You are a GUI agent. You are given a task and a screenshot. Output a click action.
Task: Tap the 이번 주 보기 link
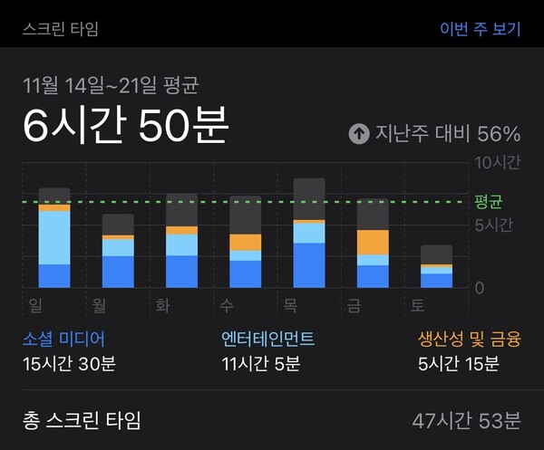pos(480,28)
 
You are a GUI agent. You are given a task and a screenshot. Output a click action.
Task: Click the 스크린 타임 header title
pos(62,28)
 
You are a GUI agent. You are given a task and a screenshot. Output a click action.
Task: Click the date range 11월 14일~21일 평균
pos(111,86)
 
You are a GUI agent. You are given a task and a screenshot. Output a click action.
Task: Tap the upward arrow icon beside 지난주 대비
pos(360,134)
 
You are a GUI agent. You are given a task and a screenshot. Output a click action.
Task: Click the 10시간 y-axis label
pos(498,163)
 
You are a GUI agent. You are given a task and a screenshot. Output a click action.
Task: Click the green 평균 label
pos(489,201)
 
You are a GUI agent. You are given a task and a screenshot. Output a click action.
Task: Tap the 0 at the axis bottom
pos(480,288)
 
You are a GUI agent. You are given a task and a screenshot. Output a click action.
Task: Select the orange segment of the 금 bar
pos(373,242)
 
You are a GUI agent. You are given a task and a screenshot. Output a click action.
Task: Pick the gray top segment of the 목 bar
pos(309,198)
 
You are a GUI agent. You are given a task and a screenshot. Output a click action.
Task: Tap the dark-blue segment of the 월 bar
pos(118,271)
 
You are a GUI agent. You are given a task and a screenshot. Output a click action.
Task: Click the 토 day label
pos(417,305)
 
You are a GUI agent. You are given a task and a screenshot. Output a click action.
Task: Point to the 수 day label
pos(227,305)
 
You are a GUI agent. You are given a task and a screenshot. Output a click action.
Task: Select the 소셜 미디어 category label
pos(63,340)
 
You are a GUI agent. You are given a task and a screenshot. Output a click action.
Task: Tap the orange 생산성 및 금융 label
pos(469,340)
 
